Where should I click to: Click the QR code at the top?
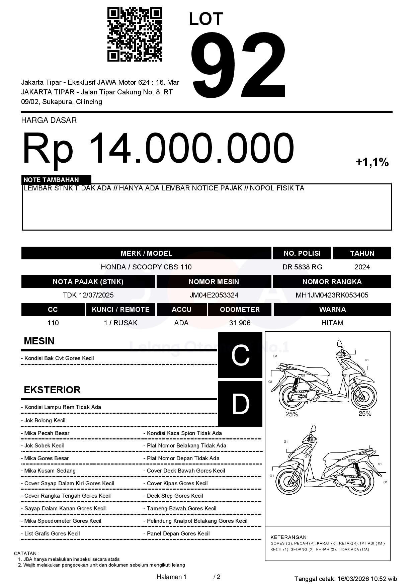tap(135, 34)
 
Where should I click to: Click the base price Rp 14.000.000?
tap(158, 148)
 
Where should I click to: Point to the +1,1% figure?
tap(372, 162)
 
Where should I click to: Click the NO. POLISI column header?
tap(302, 253)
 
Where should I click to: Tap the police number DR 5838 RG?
tap(302, 267)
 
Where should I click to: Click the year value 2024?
tap(362, 267)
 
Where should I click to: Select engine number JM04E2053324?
tap(214, 295)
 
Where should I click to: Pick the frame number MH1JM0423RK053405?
tap(332, 295)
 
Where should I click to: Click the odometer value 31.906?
tap(240, 323)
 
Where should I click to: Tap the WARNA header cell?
tap(332, 309)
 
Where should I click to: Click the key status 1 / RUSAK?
tap(120, 323)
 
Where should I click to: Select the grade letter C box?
tap(240, 355)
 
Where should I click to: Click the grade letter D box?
tap(240, 404)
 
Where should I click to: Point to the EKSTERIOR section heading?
tap(52, 390)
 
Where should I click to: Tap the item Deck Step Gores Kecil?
tap(175, 496)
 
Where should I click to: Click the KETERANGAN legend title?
tap(288, 537)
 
